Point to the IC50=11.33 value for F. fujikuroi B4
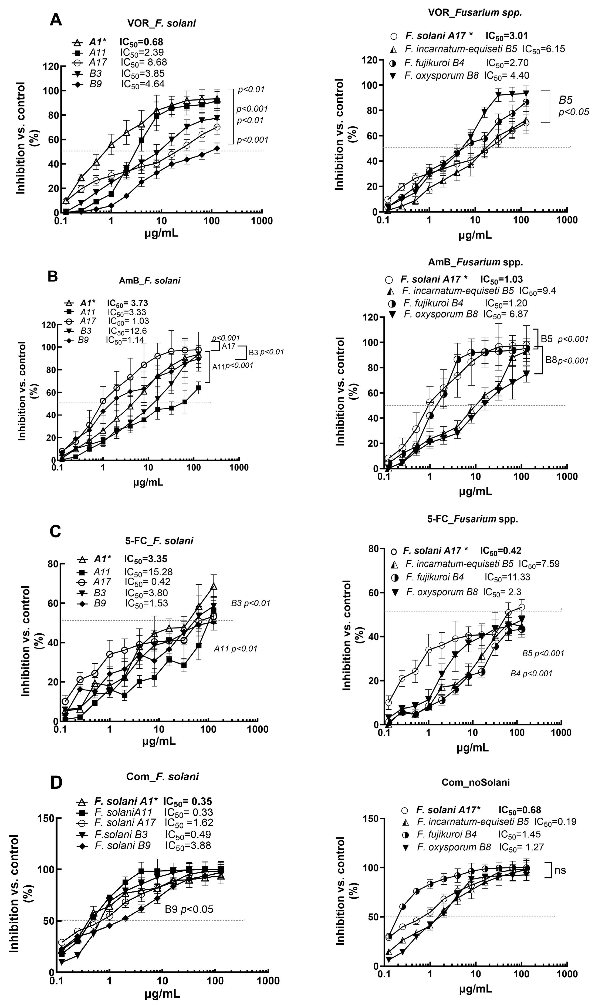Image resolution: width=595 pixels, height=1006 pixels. (x=507, y=577)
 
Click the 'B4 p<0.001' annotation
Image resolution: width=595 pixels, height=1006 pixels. (x=531, y=673)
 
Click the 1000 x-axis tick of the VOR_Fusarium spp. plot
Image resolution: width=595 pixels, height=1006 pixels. (x=567, y=220)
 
